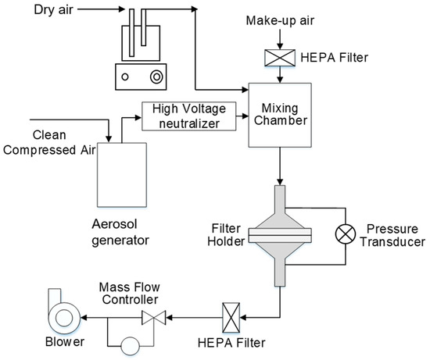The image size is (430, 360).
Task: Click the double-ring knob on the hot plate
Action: (x=157, y=77)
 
